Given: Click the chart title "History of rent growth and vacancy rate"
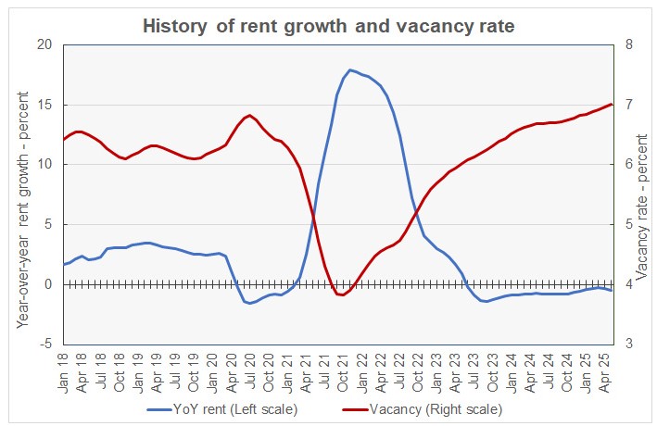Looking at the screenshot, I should click(x=328, y=26).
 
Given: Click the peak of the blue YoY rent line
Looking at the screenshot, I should click(x=350, y=70).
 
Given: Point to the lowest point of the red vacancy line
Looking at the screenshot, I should click(x=343, y=294).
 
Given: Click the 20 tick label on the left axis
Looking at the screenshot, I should click(x=44, y=44).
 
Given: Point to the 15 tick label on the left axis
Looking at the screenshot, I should click(x=44, y=105).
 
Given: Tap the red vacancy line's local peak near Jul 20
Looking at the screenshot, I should click(x=250, y=115).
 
